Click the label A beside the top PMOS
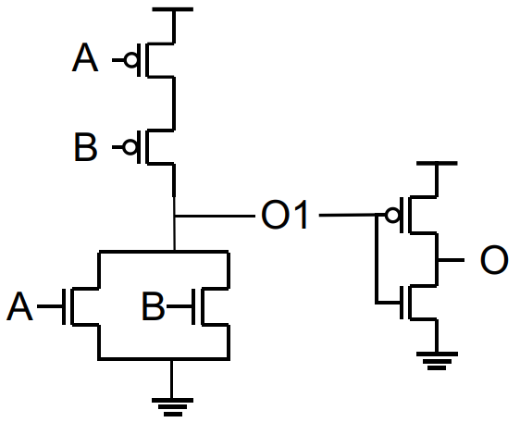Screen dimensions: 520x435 [x=85, y=57]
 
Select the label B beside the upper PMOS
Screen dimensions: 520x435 [x=85, y=146]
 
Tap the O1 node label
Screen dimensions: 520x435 [x=285, y=215]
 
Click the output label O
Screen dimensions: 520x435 [x=494, y=259]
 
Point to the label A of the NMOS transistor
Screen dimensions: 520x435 [x=19, y=306]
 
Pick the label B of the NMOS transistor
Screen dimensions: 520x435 [x=153, y=306]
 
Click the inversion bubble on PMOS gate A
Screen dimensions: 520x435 [x=131, y=60]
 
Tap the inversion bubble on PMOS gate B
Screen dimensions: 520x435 [x=130, y=147]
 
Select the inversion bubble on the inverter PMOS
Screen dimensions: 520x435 [x=392, y=216]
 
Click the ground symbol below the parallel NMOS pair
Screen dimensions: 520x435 [x=172, y=407]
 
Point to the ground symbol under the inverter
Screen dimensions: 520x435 [x=437, y=361]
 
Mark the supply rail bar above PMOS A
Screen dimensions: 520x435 [x=172, y=9]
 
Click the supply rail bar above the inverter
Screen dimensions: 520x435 [x=437, y=163]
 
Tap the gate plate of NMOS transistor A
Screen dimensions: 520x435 [x=64, y=306]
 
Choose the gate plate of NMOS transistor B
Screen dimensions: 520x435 [x=193, y=306]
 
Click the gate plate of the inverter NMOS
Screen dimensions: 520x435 [x=402, y=303]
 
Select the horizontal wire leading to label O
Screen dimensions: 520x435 [x=451, y=260]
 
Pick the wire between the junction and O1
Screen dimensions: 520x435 [x=215, y=216]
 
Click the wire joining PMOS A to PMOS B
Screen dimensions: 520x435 [x=174, y=104]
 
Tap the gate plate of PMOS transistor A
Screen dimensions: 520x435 [x=139, y=60]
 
